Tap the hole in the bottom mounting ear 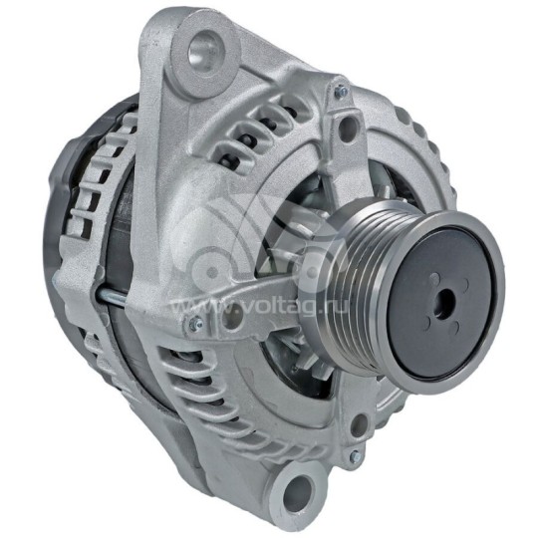(298, 489)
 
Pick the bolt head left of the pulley (192, 325)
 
